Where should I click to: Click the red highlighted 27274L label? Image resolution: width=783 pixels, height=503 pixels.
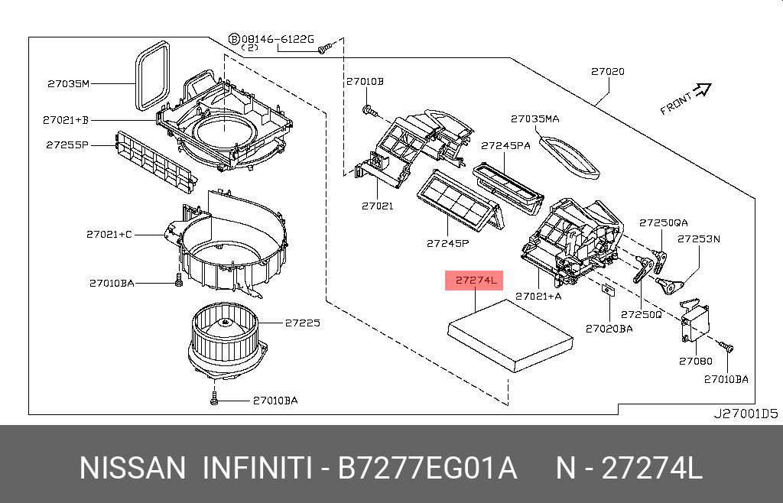tap(476, 281)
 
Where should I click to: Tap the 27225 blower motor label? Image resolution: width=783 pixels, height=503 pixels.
tap(302, 323)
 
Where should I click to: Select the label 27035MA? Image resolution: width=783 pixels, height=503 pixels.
tap(535, 118)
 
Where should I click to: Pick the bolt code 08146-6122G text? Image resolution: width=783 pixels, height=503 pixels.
tap(278, 37)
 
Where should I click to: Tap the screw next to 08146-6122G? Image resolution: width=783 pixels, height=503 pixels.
tap(324, 49)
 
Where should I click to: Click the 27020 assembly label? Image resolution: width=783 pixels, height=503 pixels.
tap(607, 72)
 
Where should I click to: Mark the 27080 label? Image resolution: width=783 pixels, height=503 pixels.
tap(694, 360)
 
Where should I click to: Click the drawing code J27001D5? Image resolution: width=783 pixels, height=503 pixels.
tap(745, 414)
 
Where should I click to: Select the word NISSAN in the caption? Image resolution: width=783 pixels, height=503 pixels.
tap(132, 468)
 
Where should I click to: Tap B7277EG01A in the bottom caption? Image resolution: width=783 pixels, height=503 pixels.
tap(429, 468)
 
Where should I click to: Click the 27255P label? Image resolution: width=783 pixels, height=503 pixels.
tap(67, 144)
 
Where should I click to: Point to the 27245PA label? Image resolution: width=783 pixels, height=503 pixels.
tap(505, 144)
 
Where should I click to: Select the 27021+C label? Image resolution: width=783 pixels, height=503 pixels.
tap(109, 234)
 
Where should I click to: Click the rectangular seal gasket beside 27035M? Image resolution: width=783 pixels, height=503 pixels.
tap(151, 76)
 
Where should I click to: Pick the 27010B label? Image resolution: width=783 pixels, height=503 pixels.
tap(365, 81)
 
